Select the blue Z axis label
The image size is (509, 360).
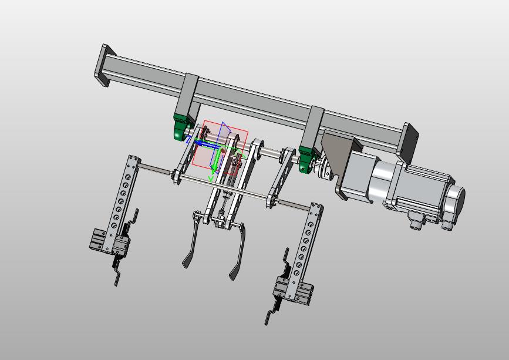click(188, 140)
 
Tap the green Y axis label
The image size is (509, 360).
click(211, 178)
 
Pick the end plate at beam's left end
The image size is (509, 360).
click(105, 65)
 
